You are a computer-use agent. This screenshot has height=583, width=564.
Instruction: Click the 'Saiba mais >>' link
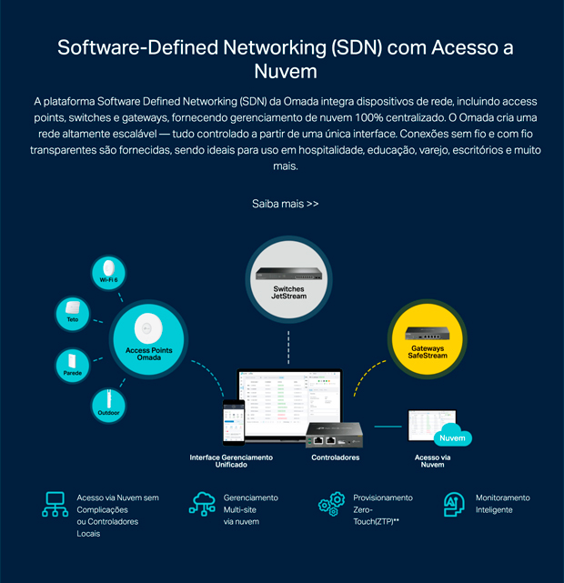[x=285, y=204]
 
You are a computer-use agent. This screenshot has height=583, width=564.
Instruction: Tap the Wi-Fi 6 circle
[x=108, y=272]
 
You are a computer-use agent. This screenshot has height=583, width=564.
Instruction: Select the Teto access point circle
[x=72, y=314]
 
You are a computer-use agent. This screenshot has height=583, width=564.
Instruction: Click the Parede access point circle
[x=73, y=365]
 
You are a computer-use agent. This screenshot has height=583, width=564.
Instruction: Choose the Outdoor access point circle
[x=108, y=404]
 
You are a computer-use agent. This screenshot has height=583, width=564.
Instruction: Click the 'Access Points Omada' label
[x=143, y=354]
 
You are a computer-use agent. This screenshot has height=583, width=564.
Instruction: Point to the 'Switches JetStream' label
[x=288, y=293]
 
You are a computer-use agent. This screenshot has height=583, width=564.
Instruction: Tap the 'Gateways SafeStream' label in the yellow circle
[x=428, y=352]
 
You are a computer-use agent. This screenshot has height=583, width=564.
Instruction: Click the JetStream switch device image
[x=288, y=271]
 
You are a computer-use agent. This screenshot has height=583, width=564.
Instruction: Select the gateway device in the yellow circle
[x=428, y=333]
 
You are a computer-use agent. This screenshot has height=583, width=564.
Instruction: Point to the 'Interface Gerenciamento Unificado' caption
[x=231, y=461]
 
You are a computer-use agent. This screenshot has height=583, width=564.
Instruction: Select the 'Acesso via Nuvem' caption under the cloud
[x=432, y=461]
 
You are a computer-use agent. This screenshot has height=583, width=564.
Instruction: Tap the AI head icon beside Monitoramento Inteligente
[x=452, y=504]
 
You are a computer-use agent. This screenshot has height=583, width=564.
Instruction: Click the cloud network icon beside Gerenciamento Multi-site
[x=202, y=505]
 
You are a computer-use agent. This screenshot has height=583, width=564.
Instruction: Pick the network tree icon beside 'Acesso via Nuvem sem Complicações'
[x=55, y=505]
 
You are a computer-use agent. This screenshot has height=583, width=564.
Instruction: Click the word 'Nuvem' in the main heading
[x=282, y=71]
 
